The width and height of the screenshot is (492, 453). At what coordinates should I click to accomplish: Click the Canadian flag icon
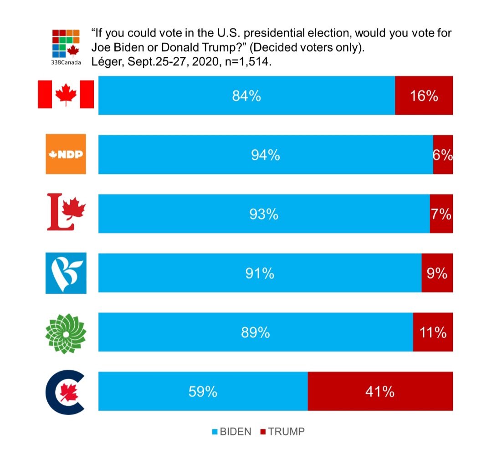pyautogui.click(x=66, y=94)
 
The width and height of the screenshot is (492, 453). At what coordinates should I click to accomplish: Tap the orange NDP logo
pyautogui.click(x=66, y=154)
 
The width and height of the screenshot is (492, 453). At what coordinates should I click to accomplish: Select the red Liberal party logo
pyautogui.click(x=66, y=211)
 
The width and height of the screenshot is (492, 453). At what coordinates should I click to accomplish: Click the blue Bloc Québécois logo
pyautogui.click(x=66, y=273)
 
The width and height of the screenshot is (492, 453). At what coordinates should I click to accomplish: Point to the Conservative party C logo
pyautogui.click(x=66, y=392)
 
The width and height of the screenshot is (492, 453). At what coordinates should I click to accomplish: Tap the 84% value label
pyautogui.click(x=246, y=96)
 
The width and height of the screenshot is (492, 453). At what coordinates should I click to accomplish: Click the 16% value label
pyautogui.click(x=424, y=96)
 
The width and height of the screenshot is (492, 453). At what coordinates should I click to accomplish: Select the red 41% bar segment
pyautogui.click(x=380, y=392)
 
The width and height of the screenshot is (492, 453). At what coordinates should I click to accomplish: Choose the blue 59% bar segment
pyautogui.click(x=203, y=392)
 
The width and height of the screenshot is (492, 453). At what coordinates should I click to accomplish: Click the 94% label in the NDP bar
pyautogui.click(x=265, y=155)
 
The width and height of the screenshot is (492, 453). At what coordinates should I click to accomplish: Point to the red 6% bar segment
pyautogui.click(x=443, y=155)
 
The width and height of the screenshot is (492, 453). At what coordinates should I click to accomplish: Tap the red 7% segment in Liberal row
pyautogui.click(x=441, y=214)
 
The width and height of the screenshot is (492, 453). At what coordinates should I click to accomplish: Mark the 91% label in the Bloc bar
pyautogui.click(x=260, y=273)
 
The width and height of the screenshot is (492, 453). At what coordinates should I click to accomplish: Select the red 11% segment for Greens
pyautogui.click(x=433, y=332)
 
